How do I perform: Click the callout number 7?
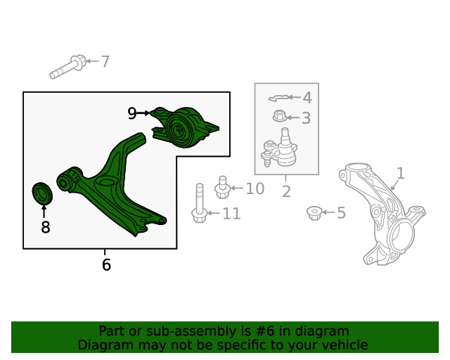click(x=105, y=61)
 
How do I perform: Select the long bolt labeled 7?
click(x=68, y=67)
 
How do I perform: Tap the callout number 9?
click(x=131, y=113)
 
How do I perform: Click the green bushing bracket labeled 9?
click(x=184, y=127)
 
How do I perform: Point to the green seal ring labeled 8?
click(x=42, y=193)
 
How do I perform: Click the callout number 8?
click(x=45, y=227)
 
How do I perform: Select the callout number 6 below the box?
click(x=106, y=264)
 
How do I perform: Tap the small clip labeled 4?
click(x=278, y=98)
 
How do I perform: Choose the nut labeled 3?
click(x=280, y=116)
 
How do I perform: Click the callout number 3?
click(x=307, y=118)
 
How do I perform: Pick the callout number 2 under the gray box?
click(x=286, y=191)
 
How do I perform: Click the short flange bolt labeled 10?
click(x=222, y=187)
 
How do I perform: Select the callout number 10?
click(x=255, y=188)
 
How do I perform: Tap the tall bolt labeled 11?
click(x=200, y=203)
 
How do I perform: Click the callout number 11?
click(x=231, y=214)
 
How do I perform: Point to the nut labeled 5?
click(x=314, y=213)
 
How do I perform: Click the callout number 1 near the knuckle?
click(x=400, y=174)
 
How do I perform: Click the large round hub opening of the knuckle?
click(x=401, y=235)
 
